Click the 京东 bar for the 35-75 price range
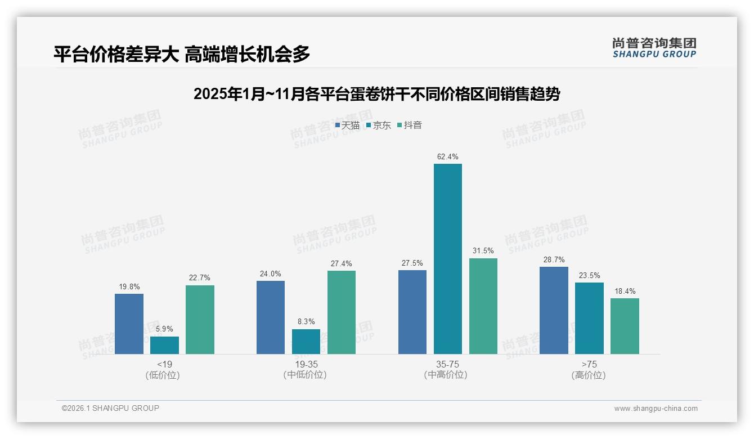click(x=447, y=259)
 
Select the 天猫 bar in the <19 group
click(x=129, y=324)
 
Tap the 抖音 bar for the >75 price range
click(x=625, y=326)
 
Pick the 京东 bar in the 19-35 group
click(x=306, y=342)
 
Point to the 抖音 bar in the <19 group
click(x=200, y=320)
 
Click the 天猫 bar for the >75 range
click(x=554, y=310)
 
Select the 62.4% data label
click(x=447, y=156)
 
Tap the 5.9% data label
click(x=164, y=329)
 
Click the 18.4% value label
click(x=625, y=291)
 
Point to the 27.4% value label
click(x=342, y=263)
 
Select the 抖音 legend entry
click(x=410, y=126)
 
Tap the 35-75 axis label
click(x=447, y=364)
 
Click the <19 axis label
click(x=164, y=364)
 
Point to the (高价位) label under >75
click(x=589, y=375)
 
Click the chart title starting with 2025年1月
click(x=376, y=94)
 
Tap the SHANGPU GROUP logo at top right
click(x=654, y=48)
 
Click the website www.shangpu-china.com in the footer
click(x=656, y=409)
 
